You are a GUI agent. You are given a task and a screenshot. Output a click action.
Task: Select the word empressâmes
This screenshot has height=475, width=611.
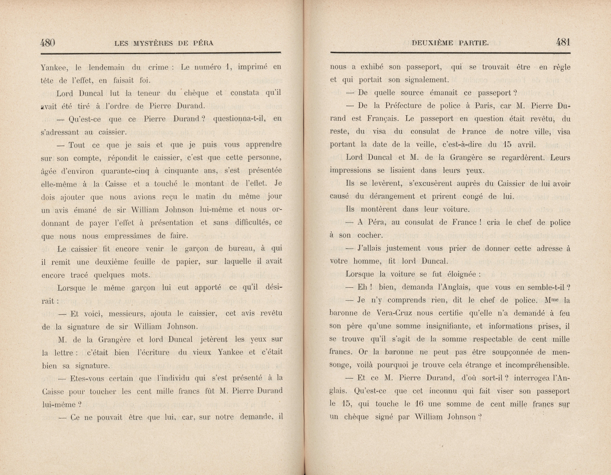tap(128, 236)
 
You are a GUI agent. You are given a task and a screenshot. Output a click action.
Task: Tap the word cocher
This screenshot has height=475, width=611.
tap(370, 236)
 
